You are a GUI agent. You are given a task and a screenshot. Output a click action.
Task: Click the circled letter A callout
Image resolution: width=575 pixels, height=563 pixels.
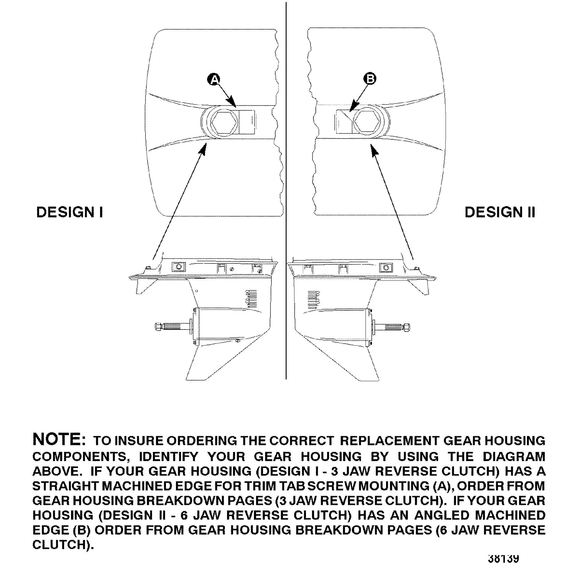pos(214,79)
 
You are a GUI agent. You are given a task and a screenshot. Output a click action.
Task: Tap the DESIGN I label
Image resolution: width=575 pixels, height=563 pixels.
pos(70,212)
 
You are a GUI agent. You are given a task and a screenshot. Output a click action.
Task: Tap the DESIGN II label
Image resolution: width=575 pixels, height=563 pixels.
pos(500,212)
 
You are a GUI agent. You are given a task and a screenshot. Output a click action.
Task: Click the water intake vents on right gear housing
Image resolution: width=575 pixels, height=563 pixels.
pos(313,299)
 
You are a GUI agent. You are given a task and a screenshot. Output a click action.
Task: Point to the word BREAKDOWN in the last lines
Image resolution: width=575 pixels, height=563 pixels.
pos(341,530)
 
